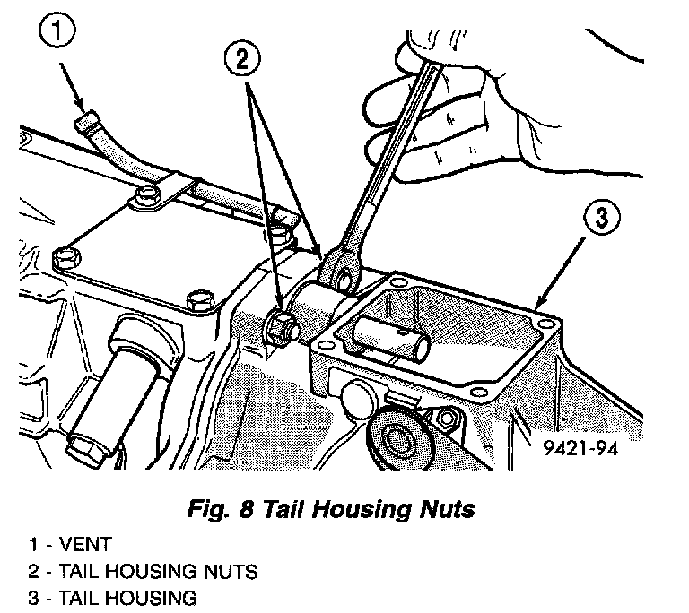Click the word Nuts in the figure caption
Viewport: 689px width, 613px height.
click(x=443, y=511)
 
